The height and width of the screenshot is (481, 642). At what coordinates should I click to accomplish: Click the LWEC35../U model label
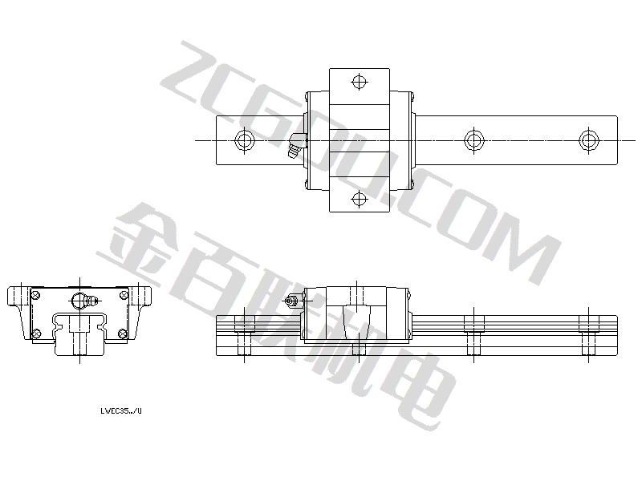click(121, 411)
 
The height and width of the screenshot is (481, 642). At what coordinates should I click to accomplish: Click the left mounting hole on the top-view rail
click(245, 140)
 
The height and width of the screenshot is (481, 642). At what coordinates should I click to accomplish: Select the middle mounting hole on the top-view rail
click(473, 140)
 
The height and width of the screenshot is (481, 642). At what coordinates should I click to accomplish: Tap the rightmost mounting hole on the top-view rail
click(589, 140)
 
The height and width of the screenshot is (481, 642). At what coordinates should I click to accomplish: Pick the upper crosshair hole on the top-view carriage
click(359, 82)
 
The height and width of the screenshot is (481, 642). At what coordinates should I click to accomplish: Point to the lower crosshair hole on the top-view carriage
click(359, 199)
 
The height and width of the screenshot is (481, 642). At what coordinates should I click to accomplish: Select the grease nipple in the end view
click(85, 301)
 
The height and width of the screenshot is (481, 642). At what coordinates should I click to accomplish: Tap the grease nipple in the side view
click(294, 301)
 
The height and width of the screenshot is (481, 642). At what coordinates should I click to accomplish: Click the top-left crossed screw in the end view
click(35, 294)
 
